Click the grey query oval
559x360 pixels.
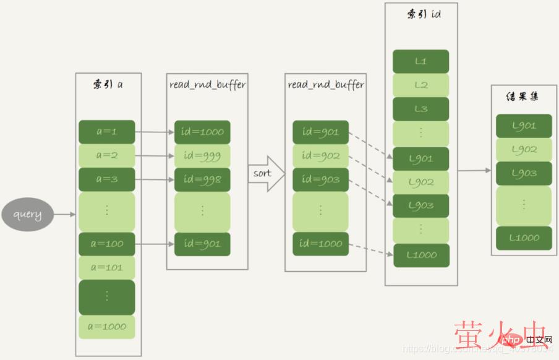coord(27,215)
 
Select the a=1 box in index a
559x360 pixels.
coord(106,132)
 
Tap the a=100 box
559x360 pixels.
coord(106,244)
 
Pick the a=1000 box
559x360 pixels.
coord(106,327)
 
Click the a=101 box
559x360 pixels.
coord(106,267)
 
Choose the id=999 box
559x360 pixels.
coord(202,156)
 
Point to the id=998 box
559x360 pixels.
coord(202,179)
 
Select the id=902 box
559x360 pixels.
coord(320,156)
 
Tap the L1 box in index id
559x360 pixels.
coord(421,61)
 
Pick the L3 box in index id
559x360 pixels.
coord(421,109)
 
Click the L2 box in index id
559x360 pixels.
coord(421,85)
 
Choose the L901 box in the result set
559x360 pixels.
coord(524,126)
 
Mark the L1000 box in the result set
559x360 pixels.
coord(524,238)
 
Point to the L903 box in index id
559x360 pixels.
coord(421,205)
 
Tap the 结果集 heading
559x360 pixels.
coord(524,98)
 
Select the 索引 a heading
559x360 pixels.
coord(108,84)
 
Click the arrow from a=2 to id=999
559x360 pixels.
coord(154,156)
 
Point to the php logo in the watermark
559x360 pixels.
coord(511,340)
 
